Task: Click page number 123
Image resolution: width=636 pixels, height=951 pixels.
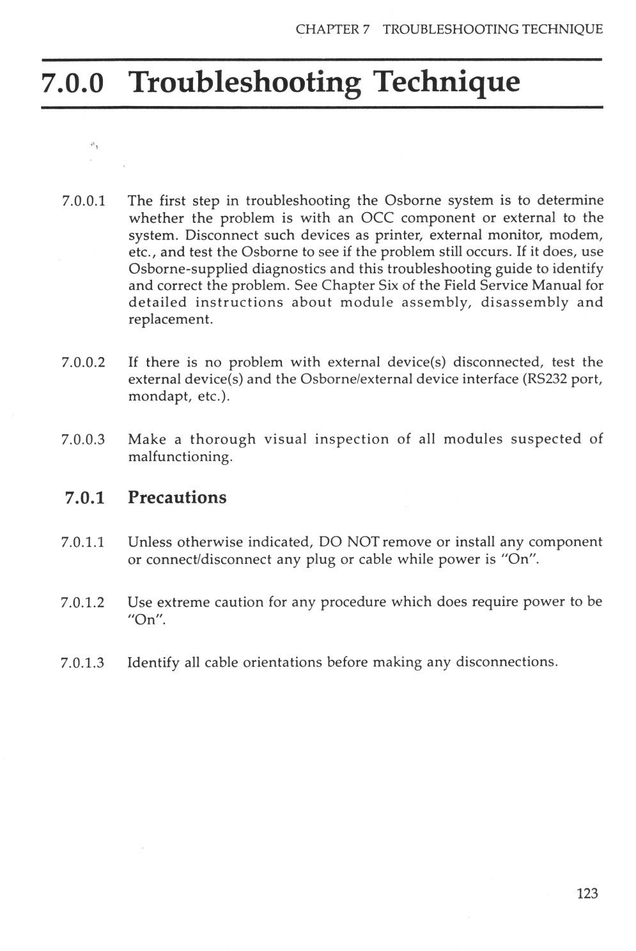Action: coord(587,893)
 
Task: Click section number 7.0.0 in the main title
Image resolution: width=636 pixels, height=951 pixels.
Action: coord(72,83)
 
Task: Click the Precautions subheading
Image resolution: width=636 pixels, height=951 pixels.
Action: coord(177,498)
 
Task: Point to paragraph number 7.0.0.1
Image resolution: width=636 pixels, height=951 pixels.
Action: coord(84,201)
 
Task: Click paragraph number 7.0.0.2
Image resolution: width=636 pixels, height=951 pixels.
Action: coord(84,363)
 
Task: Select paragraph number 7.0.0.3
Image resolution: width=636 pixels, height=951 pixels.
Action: coord(84,439)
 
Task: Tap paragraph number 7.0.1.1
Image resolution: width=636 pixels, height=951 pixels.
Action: coord(84,543)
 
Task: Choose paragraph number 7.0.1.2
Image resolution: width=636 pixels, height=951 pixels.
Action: coord(83,602)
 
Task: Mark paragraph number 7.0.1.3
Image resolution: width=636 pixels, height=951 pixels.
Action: coord(83,662)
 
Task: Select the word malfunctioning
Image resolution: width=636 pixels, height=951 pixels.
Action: coord(180,457)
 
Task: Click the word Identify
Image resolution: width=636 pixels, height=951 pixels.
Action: coord(153,662)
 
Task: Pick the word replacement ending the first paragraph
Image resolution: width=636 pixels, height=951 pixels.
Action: coord(170,319)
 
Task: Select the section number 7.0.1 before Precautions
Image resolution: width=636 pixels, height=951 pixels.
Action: coord(85,498)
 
